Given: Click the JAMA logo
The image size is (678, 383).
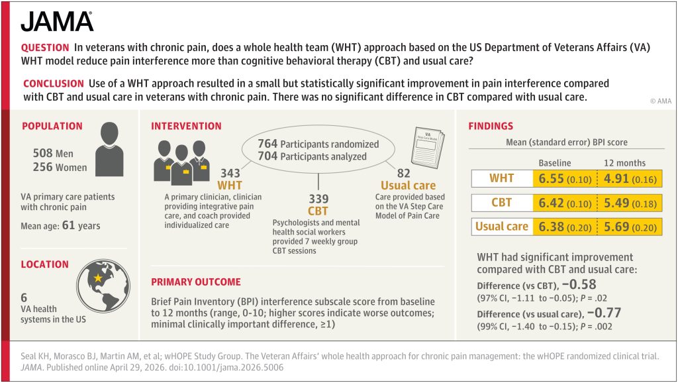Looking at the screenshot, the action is coord(57,22).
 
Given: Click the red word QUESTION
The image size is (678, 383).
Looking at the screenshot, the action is coord(45,48).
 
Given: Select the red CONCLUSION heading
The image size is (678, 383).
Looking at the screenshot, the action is coord(54,83).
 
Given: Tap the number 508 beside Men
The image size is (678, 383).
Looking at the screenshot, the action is coord(42,153).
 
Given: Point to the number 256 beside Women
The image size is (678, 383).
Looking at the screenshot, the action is coord(42,167).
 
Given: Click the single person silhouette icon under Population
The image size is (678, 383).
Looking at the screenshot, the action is coord(109,149).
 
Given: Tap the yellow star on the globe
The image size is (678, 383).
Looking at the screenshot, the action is coord(98,278).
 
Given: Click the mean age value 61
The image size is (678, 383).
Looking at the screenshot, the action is coord(68,225).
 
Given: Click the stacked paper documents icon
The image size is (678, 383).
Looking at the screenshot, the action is coord(428,147).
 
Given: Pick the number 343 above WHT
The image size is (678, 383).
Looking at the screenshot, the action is coord(230,173).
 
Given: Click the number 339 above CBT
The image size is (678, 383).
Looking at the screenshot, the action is coord(318,199).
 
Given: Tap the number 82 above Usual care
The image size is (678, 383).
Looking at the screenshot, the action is coord(403,173).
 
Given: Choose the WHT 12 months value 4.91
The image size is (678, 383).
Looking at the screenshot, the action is coord(616,179).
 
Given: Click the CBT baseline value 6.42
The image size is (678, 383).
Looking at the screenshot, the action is coord(551,203).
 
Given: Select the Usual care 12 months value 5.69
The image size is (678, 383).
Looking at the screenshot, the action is coord(616,227).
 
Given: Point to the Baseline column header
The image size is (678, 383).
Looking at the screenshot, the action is coord(555,163).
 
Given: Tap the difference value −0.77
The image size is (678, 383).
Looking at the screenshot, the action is coord(604,313).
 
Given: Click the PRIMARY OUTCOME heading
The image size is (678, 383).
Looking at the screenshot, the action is coord(196,282).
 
